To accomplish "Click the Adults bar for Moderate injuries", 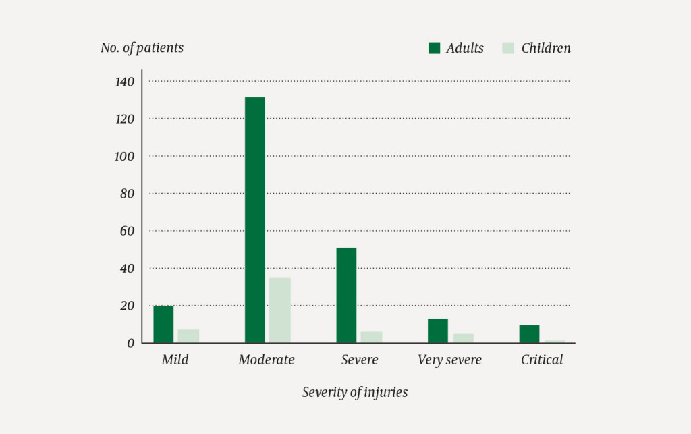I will click(x=254, y=220).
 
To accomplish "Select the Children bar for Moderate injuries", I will click(x=279, y=310).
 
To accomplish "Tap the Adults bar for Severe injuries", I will click(x=346, y=296).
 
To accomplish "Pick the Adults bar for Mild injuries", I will click(x=163, y=325).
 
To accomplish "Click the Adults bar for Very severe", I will click(x=437, y=331).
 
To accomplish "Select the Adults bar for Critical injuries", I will click(x=529, y=334).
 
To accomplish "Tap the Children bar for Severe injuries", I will click(x=371, y=337).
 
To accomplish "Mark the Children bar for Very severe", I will click(x=463, y=338).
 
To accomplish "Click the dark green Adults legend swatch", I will click(x=435, y=48).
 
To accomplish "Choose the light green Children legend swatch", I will click(x=509, y=48).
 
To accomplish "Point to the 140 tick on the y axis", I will click(x=125, y=82).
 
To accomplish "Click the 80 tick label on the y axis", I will click(x=128, y=194).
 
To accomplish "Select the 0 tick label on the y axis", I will click(x=131, y=344).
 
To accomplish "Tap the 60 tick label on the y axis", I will click(x=128, y=231).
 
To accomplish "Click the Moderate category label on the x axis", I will click(x=267, y=360).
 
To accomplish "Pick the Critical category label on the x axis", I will click(x=542, y=360).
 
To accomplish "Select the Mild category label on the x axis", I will click(x=175, y=360).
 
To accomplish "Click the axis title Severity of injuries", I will click(x=355, y=392).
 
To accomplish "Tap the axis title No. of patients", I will click(x=142, y=48).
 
